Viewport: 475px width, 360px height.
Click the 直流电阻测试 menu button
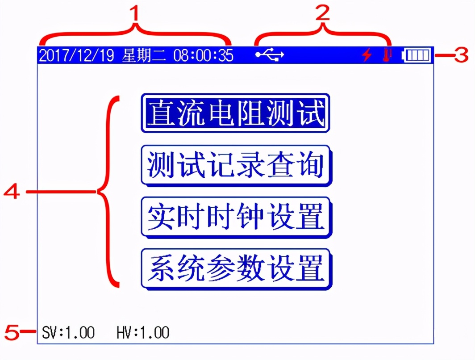tap(235, 113)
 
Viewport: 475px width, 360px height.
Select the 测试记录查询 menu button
tap(235, 164)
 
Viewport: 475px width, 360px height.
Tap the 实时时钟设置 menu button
tap(235, 217)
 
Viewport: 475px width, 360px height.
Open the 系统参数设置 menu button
tap(235, 268)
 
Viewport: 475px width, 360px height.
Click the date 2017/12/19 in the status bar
tap(78, 55)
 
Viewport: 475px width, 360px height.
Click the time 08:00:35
tap(203, 55)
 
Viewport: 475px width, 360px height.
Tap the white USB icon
tap(269, 55)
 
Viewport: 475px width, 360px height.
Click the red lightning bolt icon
tap(367, 55)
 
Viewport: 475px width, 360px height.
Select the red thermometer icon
tap(387, 55)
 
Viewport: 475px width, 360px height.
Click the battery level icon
tap(417, 55)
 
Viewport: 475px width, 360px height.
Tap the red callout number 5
tap(12, 332)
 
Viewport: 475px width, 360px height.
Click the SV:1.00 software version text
tap(68, 333)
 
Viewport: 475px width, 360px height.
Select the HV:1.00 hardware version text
tap(143, 333)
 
